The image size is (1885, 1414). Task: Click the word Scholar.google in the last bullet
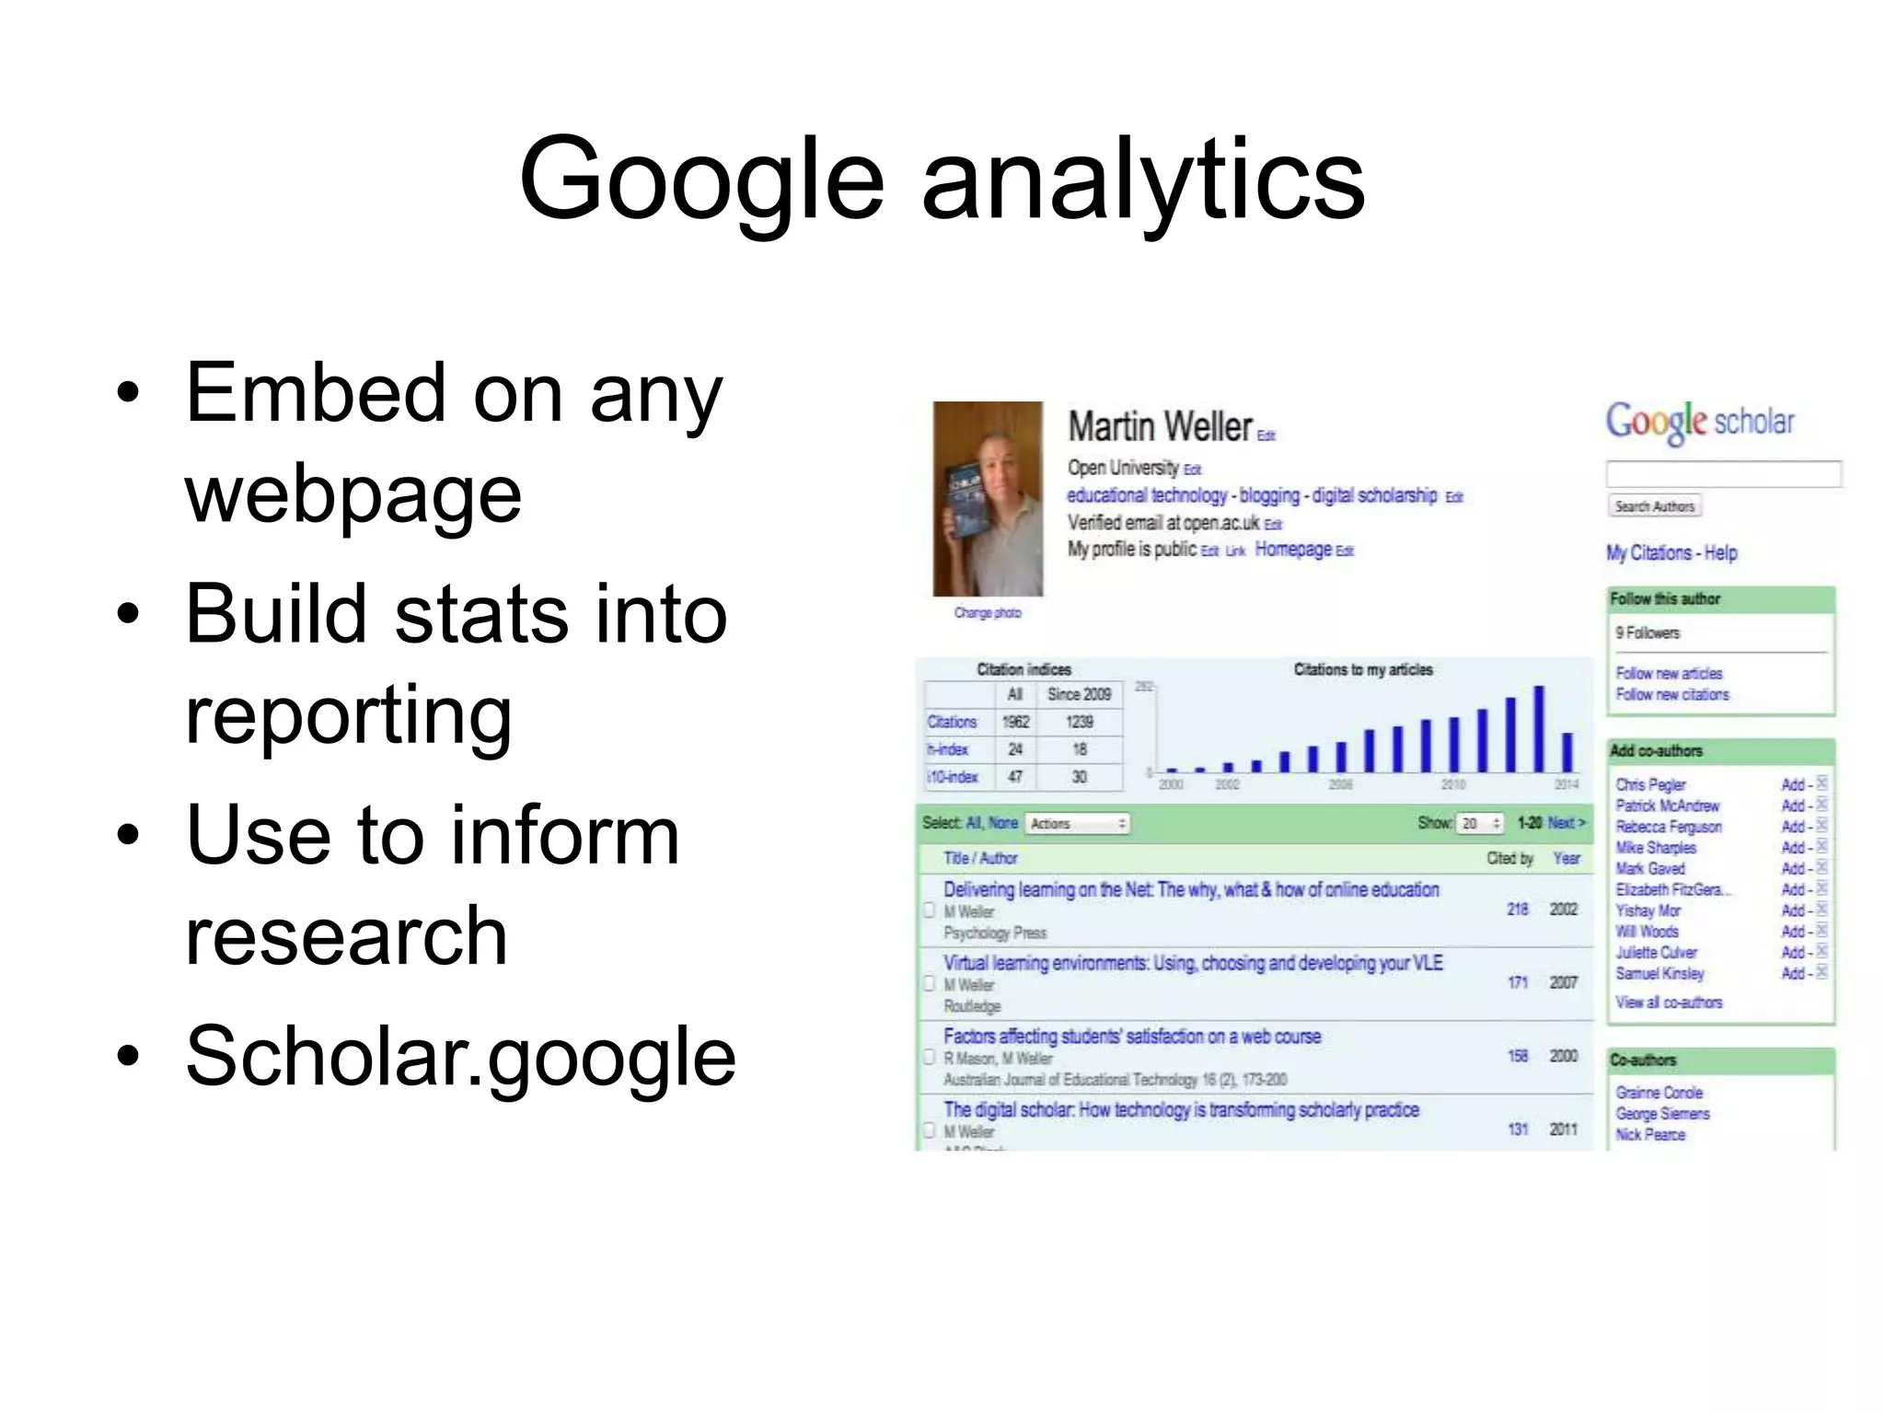[x=460, y=1056]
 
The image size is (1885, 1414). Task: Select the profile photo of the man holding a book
[x=988, y=498]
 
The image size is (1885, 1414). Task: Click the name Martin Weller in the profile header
[x=1160, y=426]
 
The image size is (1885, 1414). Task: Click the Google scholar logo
[x=1699, y=422]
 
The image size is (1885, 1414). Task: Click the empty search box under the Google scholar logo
[x=1722, y=473]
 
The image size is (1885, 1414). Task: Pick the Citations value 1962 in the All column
[x=1015, y=722]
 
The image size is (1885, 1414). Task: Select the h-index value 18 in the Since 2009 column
[x=1079, y=749]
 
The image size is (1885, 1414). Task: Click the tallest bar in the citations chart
[x=1538, y=729]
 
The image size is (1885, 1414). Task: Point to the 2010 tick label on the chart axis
[x=1452, y=784]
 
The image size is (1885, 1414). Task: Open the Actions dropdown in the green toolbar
[x=1078, y=824]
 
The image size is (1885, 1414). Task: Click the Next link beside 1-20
[x=1566, y=823]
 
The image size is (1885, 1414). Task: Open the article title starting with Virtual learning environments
[x=1192, y=963]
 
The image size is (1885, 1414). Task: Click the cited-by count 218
[x=1517, y=909]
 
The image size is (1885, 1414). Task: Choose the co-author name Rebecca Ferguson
[x=1668, y=827]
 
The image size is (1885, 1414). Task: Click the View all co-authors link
[x=1668, y=1003]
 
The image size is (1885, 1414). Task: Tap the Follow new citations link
[x=1671, y=695]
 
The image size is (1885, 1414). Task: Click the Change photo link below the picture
[x=987, y=613]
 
